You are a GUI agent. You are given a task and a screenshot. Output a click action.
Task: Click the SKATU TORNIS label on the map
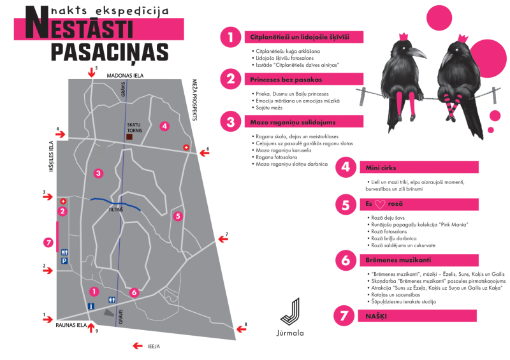(x=133, y=127)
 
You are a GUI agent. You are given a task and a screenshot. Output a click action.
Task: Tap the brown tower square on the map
(x=129, y=137)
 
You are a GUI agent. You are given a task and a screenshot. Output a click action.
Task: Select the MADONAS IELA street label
(x=126, y=75)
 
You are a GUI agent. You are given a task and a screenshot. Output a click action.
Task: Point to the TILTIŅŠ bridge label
(x=115, y=209)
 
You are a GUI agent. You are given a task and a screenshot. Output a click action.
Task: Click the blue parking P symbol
(x=64, y=261)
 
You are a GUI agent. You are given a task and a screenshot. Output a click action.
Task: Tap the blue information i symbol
(x=91, y=306)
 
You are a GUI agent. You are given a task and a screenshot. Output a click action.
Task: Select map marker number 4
(x=164, y=126)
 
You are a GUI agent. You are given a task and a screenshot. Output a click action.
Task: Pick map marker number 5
(x=178, y=216)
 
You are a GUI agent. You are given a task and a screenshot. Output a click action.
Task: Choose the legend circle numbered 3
(x=228, y=121)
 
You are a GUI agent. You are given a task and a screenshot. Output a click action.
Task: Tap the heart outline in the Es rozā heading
(x=379, y=205)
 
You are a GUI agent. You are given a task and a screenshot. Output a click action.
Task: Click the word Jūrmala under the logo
(x=291, y=333)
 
